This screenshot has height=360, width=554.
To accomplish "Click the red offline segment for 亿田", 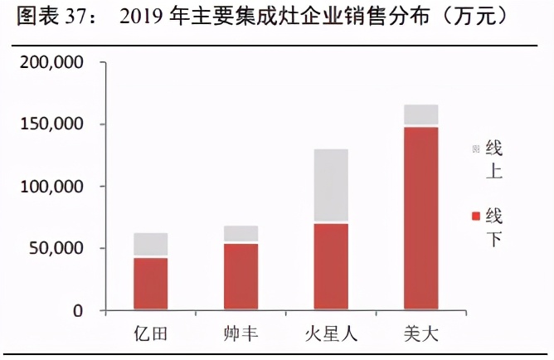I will (151, 284).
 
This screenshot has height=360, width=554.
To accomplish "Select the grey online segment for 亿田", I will (151, 245).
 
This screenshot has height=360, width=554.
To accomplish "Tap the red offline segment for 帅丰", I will (241, 277).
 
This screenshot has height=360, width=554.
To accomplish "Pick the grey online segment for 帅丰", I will (241, 233).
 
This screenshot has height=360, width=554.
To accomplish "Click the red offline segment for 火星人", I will (331, 267).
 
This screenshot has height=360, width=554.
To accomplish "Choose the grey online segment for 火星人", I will (331, 186).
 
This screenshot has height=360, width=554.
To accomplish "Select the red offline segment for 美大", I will (420, 218).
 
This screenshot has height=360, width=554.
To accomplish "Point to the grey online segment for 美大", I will (420, 114).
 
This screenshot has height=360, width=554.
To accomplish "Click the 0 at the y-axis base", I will (77, 311).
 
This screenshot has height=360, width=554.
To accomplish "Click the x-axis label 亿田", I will (151, 334).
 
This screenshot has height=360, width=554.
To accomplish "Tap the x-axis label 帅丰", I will (241, 334).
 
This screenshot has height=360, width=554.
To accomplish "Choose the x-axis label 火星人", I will (331, 334).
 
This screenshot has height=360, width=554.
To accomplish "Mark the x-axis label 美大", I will (420, 334).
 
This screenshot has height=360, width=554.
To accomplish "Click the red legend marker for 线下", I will (476, 216).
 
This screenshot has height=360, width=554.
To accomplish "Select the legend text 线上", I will (494, 160).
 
